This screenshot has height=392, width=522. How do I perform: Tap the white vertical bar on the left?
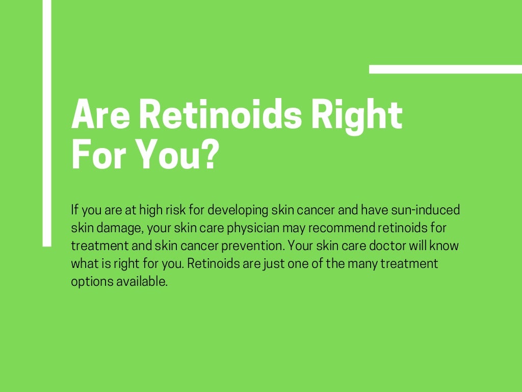coord(47,122)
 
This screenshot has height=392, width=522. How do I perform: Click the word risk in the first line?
coord(167,210)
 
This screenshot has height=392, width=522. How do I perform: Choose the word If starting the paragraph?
coord(75,210)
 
